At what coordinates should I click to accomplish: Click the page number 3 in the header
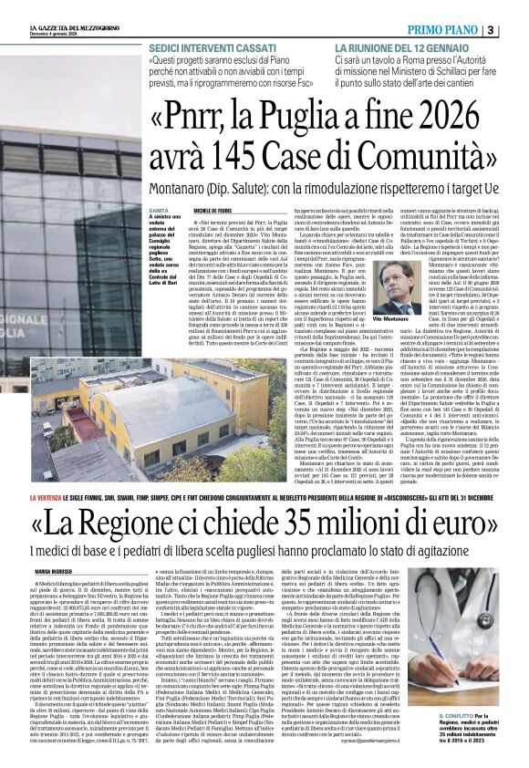516,7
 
